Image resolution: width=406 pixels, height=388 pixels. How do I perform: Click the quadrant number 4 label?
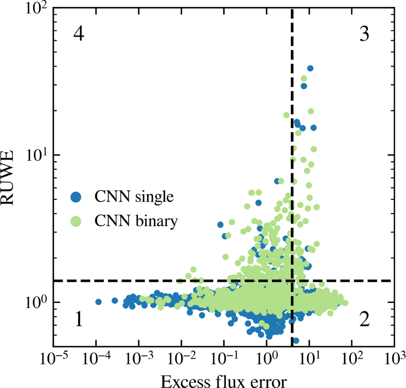(78, 34)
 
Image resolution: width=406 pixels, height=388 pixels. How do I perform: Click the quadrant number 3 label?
(364, 34)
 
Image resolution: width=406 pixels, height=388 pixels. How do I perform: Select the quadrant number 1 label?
(78, 320)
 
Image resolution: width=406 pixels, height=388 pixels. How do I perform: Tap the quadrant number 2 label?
(364, 320)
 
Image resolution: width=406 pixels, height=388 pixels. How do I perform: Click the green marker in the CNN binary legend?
(76, 221)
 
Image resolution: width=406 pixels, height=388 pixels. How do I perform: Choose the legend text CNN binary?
(136, 221)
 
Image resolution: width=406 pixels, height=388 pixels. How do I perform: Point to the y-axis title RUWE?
(8, 178)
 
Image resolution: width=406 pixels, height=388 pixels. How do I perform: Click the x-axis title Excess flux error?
(224, 382)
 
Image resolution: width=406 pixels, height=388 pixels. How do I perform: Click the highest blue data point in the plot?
(310, 68)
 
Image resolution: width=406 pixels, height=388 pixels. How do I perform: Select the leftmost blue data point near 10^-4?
(98, 302)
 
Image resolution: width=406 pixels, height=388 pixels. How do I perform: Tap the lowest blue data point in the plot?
(296, 340)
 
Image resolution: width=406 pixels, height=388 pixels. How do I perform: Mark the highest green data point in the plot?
(304, 79)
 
